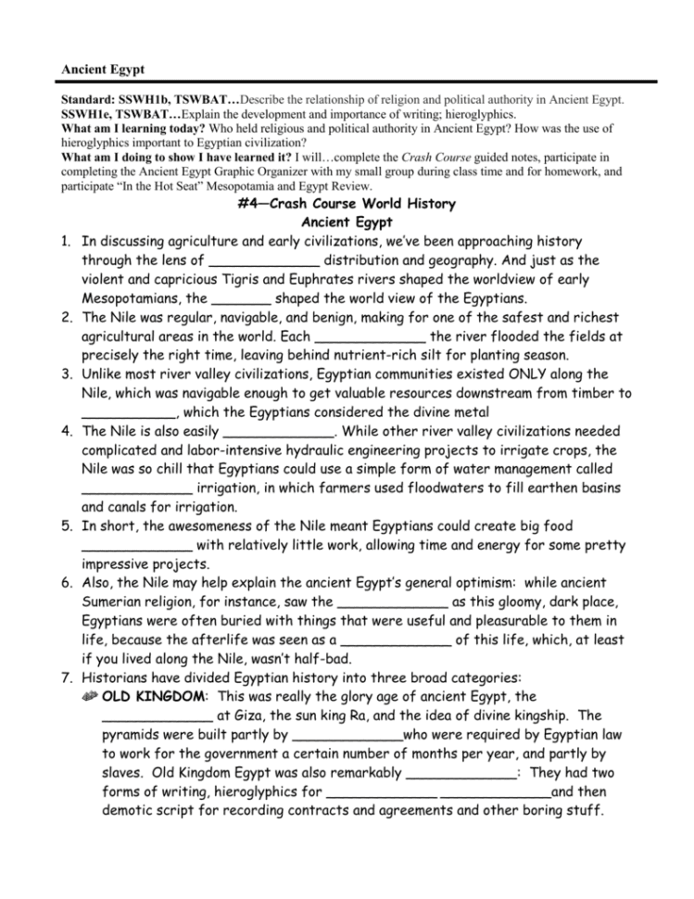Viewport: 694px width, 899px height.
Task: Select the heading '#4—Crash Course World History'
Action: click(347, 204)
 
